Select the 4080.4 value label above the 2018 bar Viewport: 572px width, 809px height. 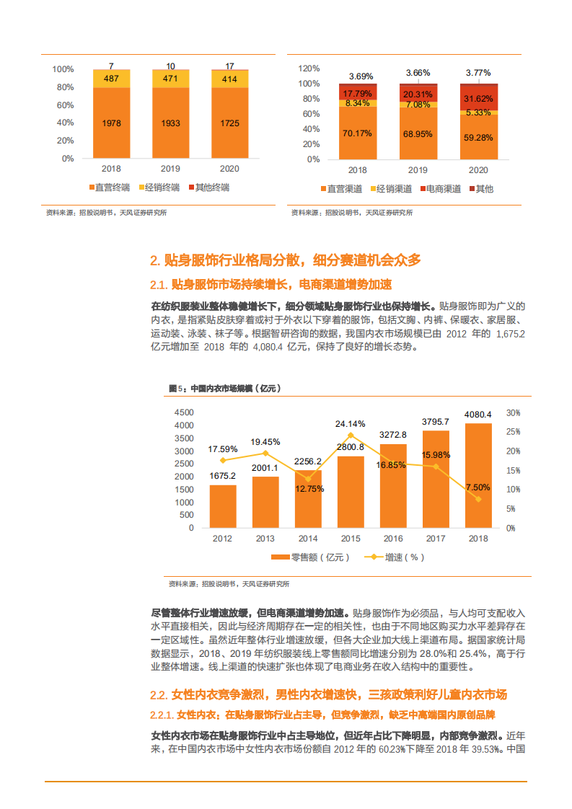point(478,415)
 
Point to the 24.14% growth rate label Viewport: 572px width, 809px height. point(351,423)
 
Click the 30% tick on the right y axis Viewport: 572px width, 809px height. point(513,412)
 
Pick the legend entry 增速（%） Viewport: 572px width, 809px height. point(395,557)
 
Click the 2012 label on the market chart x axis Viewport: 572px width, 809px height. point(222,539)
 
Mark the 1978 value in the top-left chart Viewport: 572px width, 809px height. point(112,123)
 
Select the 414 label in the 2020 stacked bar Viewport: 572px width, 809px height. point(230,78)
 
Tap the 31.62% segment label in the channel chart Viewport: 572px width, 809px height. point(478,99)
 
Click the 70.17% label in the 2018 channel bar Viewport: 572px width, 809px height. point(357,133)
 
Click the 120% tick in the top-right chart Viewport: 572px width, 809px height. point(309,68)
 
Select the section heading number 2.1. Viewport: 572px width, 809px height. point(159,284)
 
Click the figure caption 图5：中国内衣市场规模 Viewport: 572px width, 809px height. point(224,388)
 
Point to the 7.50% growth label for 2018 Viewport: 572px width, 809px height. point(478,487)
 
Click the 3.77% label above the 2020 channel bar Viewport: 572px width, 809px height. point(478,73)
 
